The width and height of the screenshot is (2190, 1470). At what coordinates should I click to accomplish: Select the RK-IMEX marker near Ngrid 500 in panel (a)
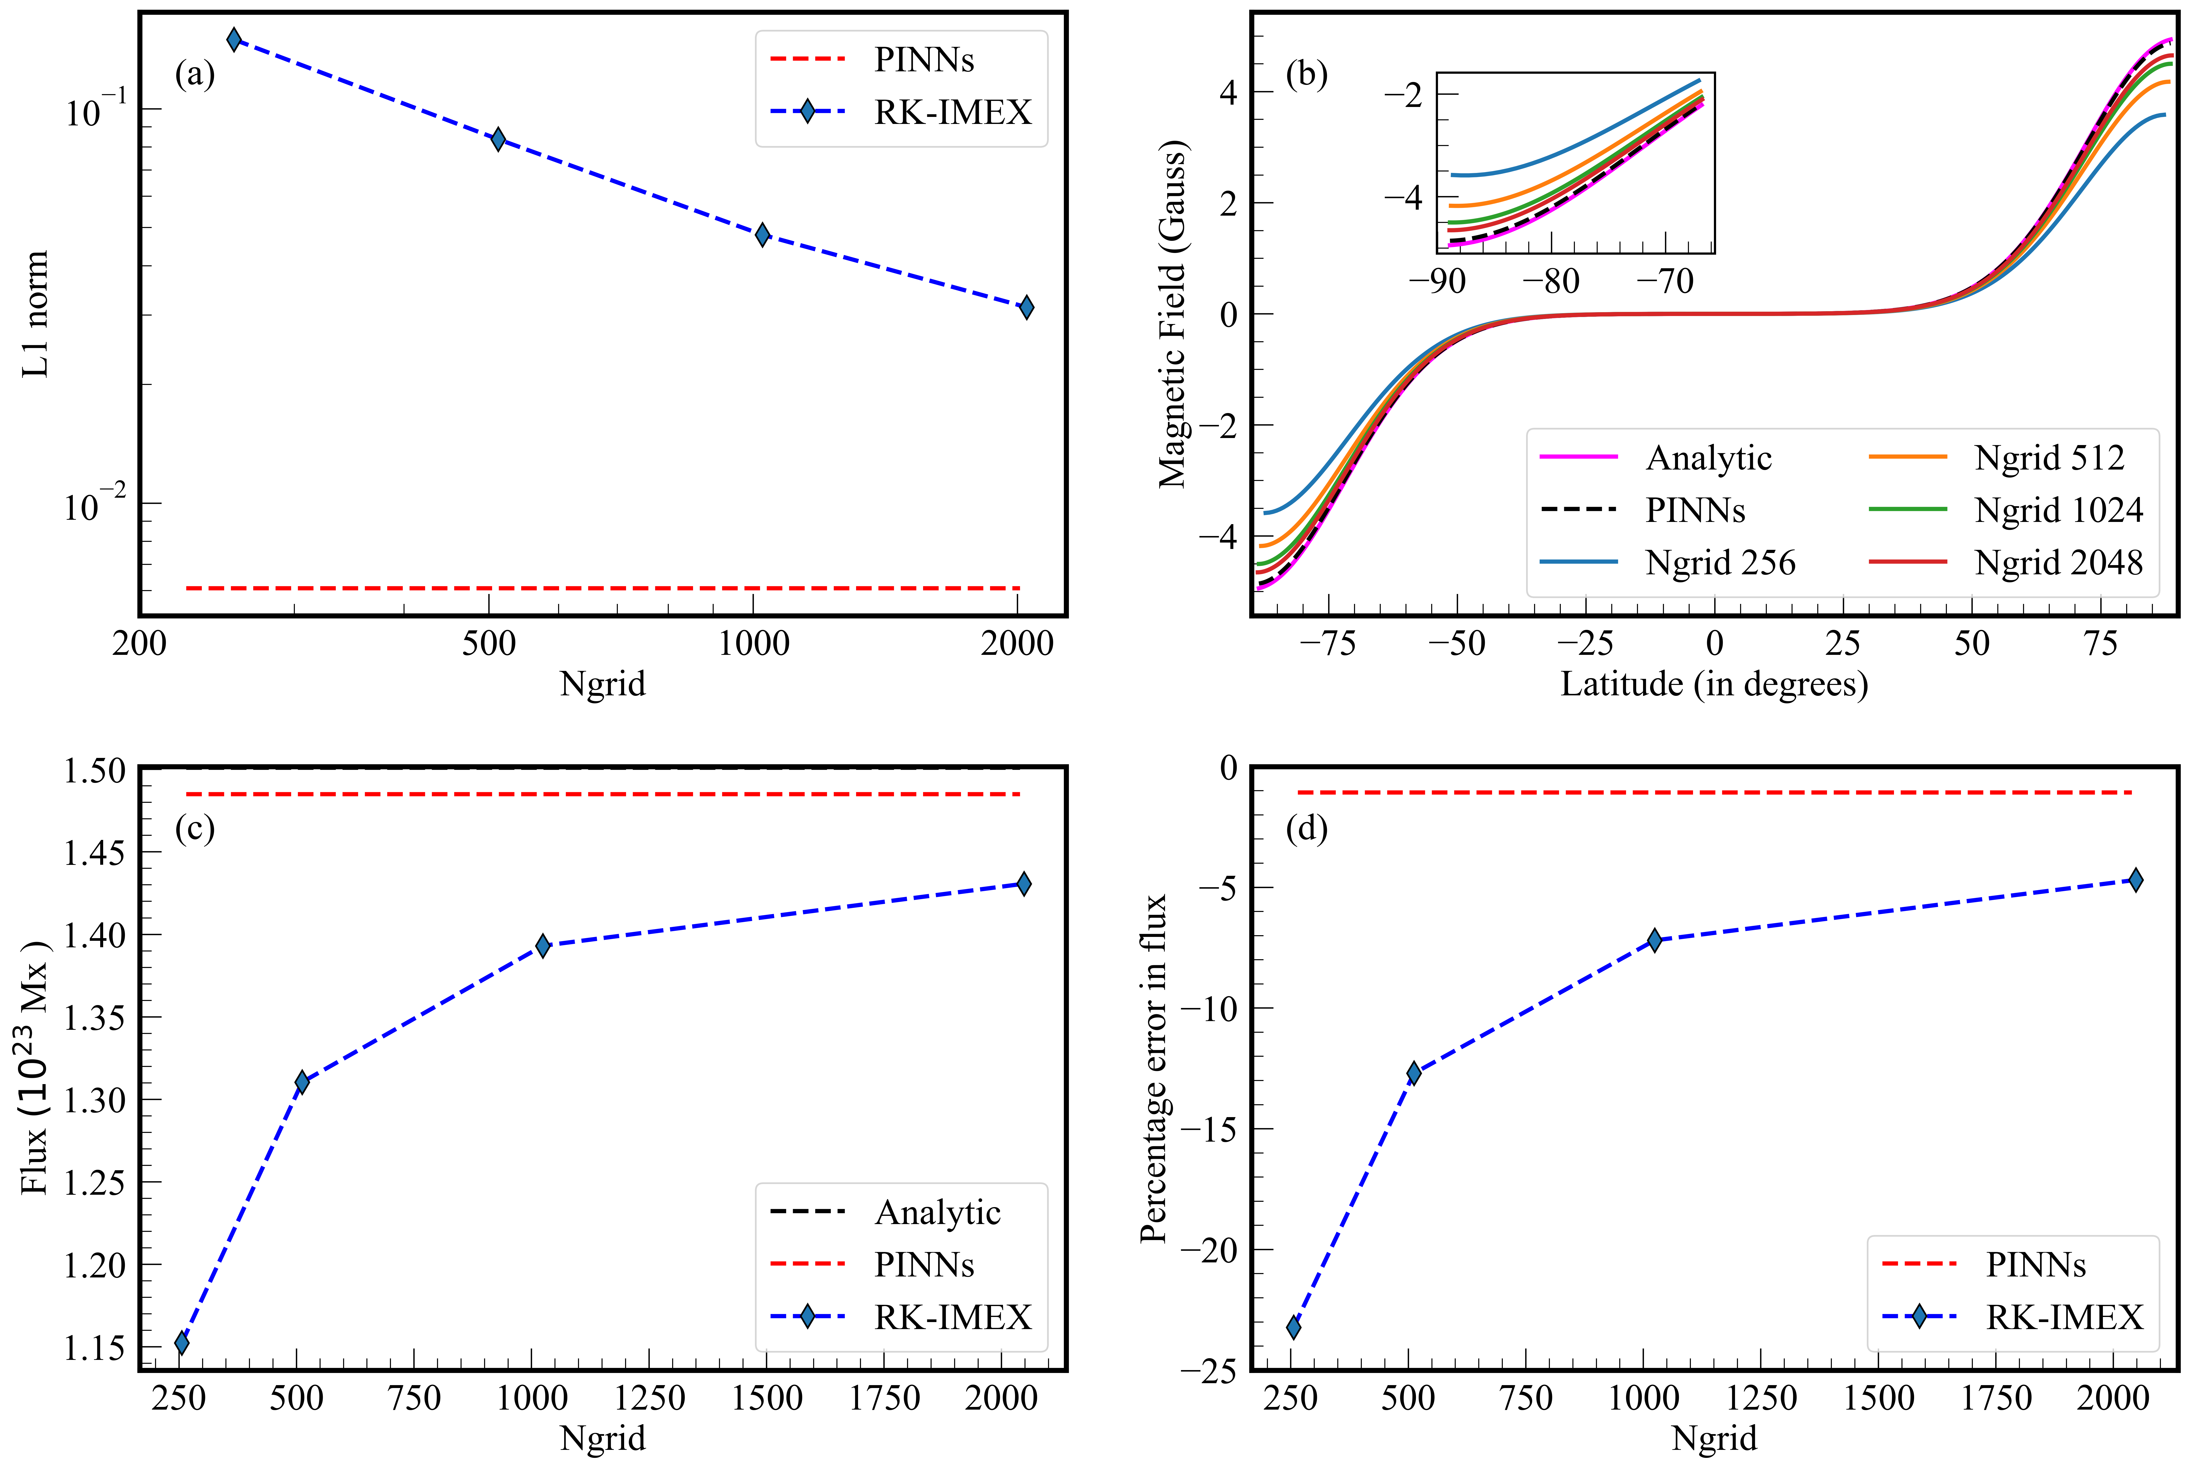point(498,140)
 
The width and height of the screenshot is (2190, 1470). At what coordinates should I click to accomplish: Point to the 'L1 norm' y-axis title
point(36,314)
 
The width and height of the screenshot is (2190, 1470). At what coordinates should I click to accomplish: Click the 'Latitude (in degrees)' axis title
point(1714,684)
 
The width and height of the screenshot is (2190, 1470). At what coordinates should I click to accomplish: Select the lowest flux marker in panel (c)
point(182,1342)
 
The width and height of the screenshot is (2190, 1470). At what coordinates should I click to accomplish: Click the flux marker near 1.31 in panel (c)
point(302,1082)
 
